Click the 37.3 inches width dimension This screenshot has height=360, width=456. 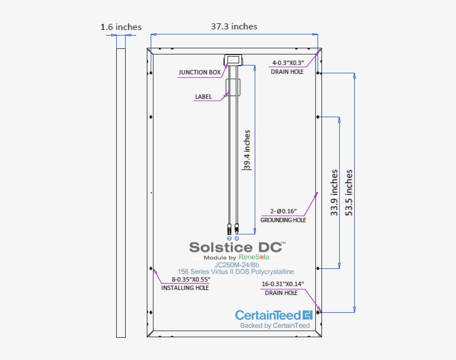[234, 26]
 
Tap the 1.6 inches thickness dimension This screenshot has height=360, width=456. [121, 27]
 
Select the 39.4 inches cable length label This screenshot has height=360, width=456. [247, 149]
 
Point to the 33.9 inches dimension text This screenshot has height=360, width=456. [334, 193]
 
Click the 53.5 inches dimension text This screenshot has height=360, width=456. [349, 192]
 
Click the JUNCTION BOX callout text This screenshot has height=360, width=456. [200, 72]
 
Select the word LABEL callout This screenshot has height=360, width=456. [203, 97]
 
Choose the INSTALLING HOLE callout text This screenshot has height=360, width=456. [185, 288]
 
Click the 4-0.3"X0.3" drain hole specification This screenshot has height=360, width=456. [288, 63]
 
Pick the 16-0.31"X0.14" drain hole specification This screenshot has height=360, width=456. [282, 284]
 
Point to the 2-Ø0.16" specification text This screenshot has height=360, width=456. [284, 211]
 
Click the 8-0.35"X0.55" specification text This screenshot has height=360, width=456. [190, 279]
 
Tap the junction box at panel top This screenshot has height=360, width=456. [232, 59]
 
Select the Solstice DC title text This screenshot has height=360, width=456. [237, 247]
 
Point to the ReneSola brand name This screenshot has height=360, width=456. [254, 257]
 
